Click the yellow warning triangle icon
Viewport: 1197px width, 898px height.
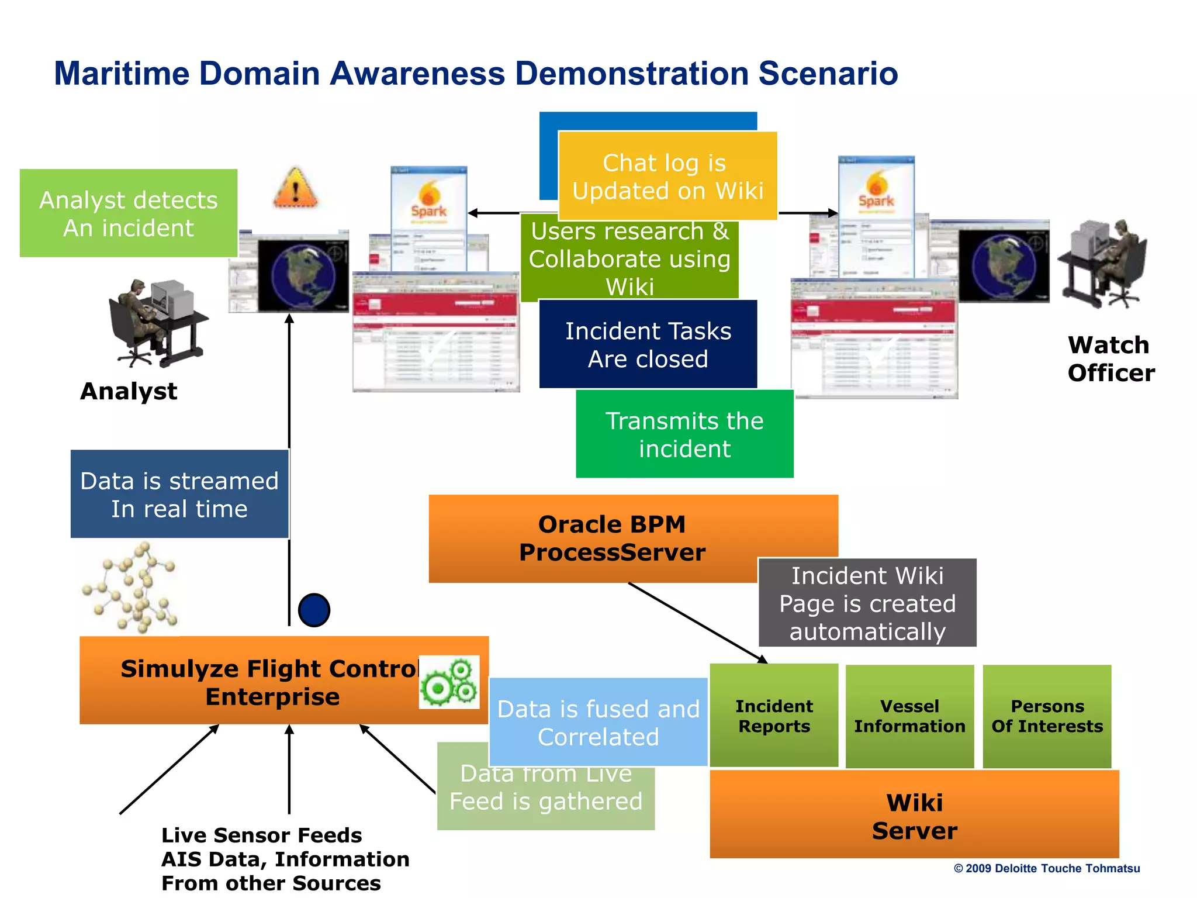click(x=296, y=188)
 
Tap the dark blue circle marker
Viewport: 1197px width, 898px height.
click(x=314, y=610)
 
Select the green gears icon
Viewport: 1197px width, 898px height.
click(x=449, y=682)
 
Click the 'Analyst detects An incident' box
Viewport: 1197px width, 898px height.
click(x=129, y=213)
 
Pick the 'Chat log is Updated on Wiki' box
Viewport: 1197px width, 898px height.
click(x=667, y=176)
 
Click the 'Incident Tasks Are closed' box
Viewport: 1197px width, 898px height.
click(x=648, y=344)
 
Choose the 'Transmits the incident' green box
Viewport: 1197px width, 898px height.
click(x=684, y=434)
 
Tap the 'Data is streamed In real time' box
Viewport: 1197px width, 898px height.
click(x=179, y=494)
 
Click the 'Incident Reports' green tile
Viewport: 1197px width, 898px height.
click(x=774, y=716)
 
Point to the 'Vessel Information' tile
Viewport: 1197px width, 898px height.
click(x=909, y=716)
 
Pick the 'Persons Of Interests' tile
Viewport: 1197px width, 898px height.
click(x=1047, y=716)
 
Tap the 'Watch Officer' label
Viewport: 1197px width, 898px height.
click(x=1110, y=359)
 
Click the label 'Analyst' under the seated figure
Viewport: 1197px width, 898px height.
click(x=129, y=391)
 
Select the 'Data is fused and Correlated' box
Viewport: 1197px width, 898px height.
click(x=598, y=723)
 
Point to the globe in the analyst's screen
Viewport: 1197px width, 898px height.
click(x=302, y=275)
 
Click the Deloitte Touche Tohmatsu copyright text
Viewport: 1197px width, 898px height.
click(x=1046, y=868)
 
